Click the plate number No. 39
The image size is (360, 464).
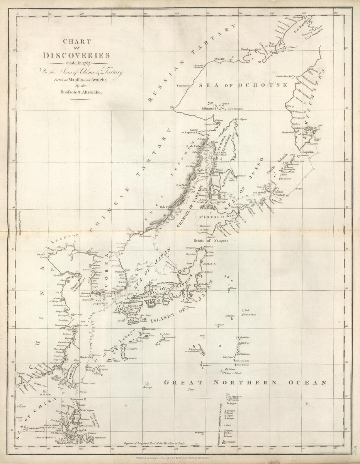pyautogui.click(x=355, y=450)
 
